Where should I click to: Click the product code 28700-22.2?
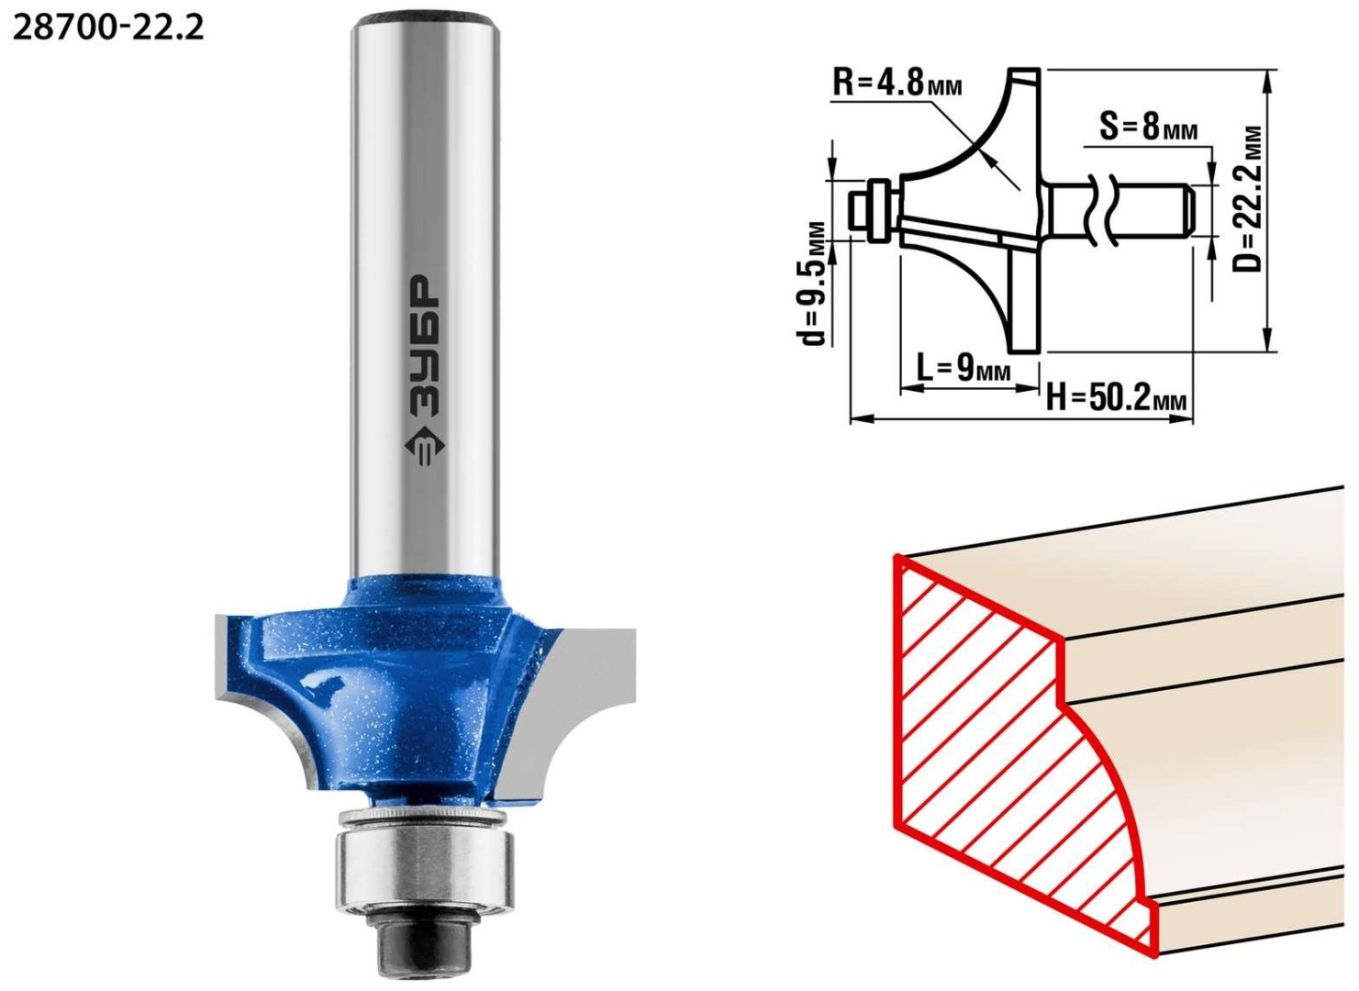pos(108,27)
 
